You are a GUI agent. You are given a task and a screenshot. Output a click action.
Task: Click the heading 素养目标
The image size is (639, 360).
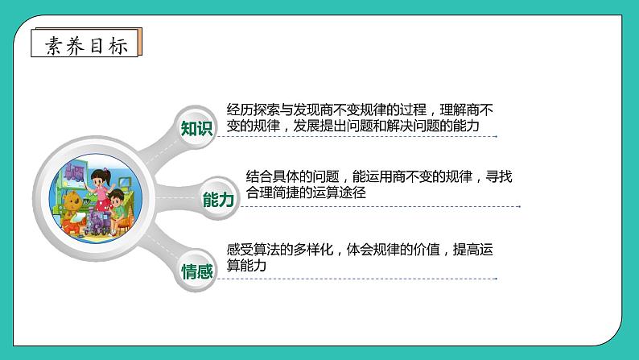click(x=86, y=45)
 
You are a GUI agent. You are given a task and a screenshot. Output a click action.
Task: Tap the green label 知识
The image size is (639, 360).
click(x=197, y=128)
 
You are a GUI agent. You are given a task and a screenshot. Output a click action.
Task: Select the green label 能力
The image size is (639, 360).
click(x=218, y=201)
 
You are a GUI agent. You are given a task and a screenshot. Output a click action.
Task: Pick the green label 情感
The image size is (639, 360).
click(x=197, y=271)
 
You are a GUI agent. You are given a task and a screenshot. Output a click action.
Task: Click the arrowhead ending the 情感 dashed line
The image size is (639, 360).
click(x=496, y=279)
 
